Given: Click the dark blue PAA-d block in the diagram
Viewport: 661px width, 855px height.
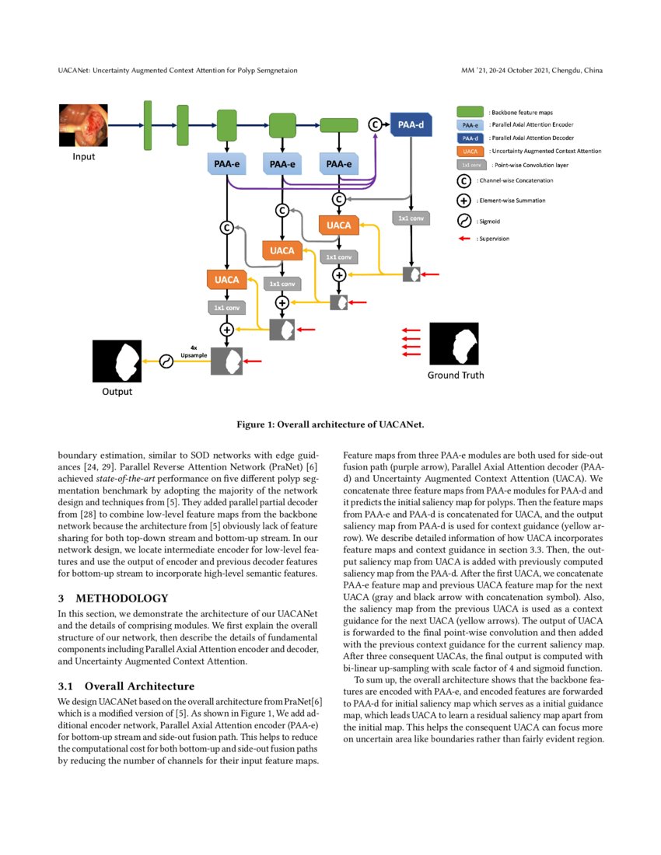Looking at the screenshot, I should pos(411,124).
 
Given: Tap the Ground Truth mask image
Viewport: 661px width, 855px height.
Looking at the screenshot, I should pos(456,342).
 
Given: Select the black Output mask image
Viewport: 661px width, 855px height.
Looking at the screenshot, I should pos(117,362).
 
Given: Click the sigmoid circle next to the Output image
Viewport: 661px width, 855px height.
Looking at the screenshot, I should pos(165,361).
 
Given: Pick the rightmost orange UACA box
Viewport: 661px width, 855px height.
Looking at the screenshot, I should pos(338,225).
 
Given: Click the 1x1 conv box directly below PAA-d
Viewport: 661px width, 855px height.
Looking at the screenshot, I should pos(411,218).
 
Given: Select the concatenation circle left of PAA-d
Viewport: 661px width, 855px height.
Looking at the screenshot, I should pos(374,124).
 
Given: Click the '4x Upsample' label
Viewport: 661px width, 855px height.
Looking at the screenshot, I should pos(193,351).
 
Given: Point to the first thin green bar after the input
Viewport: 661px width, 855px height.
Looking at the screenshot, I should pos(148,124).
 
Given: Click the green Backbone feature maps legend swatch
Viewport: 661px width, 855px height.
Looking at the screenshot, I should pos(470,113).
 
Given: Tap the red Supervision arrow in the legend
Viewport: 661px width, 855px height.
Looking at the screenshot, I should pos(470,239).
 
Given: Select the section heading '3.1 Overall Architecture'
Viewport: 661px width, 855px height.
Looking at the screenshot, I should pos(128,686).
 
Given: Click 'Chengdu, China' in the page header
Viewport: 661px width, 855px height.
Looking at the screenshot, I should pos(578,72).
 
